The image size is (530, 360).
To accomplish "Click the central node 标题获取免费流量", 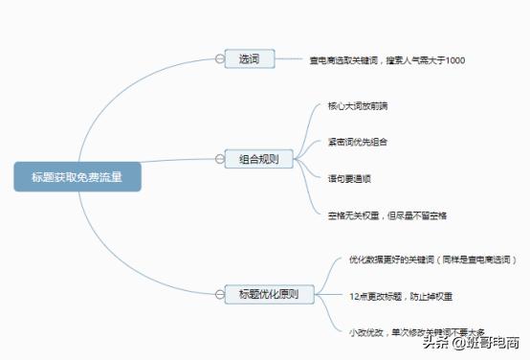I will [x=77, y=177].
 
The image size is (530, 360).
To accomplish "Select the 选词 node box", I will [x=250, y=59].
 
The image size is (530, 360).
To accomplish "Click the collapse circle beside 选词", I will [x=219, y=59].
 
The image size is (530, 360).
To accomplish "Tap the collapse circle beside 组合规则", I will [x=219, y=159].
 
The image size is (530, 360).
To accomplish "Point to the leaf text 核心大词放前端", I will [x=359, y=105].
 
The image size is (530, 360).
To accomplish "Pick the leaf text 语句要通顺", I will [x=349, y=177].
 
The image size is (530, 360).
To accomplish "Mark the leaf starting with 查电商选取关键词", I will [x=386, y=61].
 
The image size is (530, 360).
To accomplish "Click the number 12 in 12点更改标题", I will [x=354, y=297].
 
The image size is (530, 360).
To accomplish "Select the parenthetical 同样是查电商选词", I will [x=485, y=259].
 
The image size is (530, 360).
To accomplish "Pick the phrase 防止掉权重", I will [x=427, y=297].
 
